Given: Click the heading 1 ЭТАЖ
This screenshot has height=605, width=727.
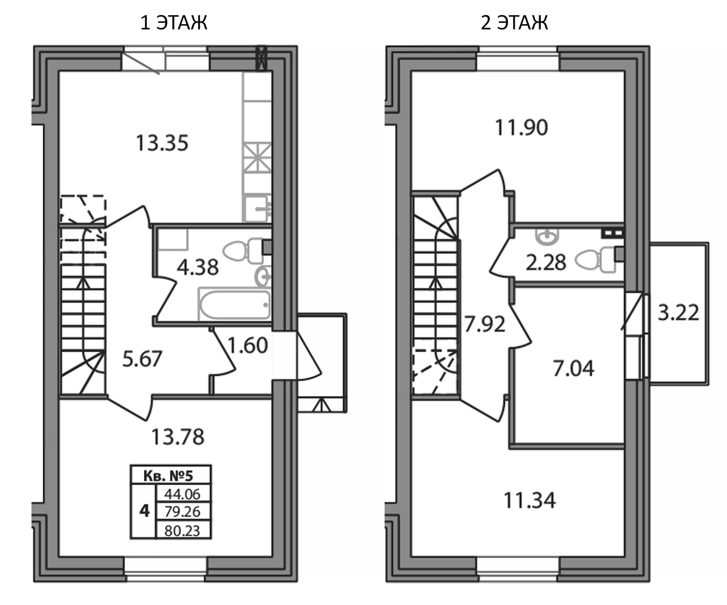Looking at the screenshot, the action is pos(174,23).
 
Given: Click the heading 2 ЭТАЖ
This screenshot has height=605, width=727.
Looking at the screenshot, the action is pos(514,23).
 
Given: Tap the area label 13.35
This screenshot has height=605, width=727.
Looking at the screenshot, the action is pos(162,143).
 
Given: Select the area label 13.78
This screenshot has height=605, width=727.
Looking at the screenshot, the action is pos(178,437).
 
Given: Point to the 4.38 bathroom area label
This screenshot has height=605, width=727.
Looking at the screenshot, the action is pos(198,267).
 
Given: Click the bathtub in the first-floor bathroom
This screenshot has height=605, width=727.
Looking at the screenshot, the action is pos(234,304).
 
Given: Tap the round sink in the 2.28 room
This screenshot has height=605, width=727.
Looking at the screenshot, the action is pos(546,236).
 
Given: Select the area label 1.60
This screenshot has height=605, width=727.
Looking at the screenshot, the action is pos(248,345).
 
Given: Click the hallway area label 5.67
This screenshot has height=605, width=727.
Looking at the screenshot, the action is pos(142,359).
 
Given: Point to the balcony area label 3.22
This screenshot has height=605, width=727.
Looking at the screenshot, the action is pos(678,313).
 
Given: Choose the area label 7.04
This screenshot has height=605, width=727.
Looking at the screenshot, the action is pos(574,368).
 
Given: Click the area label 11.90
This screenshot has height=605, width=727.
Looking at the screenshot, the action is pos(521,128).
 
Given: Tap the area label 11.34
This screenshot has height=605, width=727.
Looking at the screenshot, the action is pos(529,500).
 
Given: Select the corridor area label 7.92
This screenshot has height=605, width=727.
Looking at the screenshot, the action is pos(485,324).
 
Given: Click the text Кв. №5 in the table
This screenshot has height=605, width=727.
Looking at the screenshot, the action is pos(168,476).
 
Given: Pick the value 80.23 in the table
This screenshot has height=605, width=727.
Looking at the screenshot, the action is pos(182,531).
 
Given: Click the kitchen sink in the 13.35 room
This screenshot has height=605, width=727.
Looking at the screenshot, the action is pos(257,208).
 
